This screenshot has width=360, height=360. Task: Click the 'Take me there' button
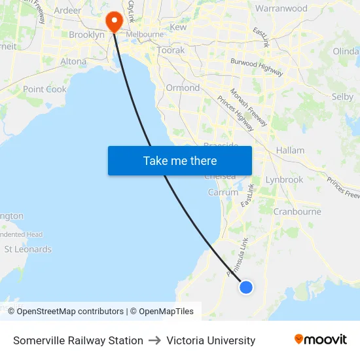[x=180, y=160]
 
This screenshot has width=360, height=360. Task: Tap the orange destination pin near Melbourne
[x=115, y=21]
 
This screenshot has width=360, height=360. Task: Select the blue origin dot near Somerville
[x=246, y=287]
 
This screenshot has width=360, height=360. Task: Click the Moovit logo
[x=321, y=340]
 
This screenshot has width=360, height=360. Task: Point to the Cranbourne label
[x=297, y=211]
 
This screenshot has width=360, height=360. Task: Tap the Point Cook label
[x=45, y=89]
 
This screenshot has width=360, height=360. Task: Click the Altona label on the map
[x=73, y=62]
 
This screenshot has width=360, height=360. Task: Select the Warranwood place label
[x=281, y=9]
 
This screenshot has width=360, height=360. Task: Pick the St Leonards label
[x=27, y=249]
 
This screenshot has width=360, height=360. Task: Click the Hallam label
[x=290, y=150]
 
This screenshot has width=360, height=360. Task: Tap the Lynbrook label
[x=284, y=179]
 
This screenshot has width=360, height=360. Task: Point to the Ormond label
[x=183, y=88]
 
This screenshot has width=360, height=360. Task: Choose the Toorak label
[x=171, y=50]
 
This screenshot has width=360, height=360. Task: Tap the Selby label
[x=342, y=96]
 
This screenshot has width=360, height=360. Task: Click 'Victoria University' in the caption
[x=211, y=340]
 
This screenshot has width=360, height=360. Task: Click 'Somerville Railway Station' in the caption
[x=78, y=340]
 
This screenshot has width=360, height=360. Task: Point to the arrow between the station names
[x=154, y=340]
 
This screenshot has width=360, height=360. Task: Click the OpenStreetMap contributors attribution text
[x=70, y=312]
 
